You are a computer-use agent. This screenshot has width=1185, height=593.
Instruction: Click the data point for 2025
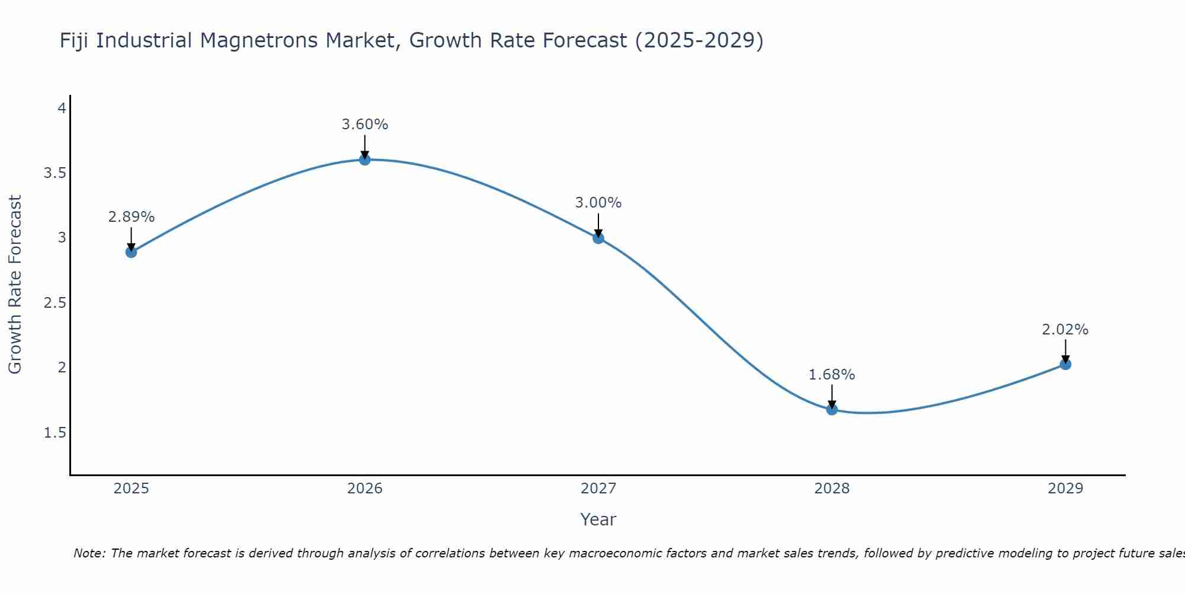[131, 252]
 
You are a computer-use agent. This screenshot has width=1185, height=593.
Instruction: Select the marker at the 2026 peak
[365, 160]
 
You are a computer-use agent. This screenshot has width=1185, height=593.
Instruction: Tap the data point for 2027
[598, 238]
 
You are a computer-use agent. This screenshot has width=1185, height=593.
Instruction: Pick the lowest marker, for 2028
[832, 409]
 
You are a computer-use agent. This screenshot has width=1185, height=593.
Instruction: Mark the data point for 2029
[1065, 364]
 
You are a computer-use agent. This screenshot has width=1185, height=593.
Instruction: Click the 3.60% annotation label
[365, 125]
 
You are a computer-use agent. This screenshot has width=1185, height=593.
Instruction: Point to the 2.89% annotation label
[131, 217]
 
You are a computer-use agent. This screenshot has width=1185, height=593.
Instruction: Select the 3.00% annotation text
[598, 203]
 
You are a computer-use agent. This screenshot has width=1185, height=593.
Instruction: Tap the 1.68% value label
[832, 375]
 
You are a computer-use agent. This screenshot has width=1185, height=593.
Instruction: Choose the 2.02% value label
[1065, 330]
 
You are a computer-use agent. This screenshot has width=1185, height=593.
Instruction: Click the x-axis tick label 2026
[365, 489]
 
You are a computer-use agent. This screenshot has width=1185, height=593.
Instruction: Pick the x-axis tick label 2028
[832, 489]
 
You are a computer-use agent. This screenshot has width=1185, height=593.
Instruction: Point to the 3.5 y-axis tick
[55, 173]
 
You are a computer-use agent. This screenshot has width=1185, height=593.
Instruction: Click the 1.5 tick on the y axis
[55, 433]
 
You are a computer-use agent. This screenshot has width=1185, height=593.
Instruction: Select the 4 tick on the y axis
[62, 109]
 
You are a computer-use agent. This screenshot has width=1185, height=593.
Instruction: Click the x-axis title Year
[598, 519]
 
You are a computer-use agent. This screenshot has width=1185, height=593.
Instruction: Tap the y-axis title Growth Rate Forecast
[15, 284]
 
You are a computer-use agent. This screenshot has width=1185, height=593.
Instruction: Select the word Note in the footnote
[89, 553]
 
